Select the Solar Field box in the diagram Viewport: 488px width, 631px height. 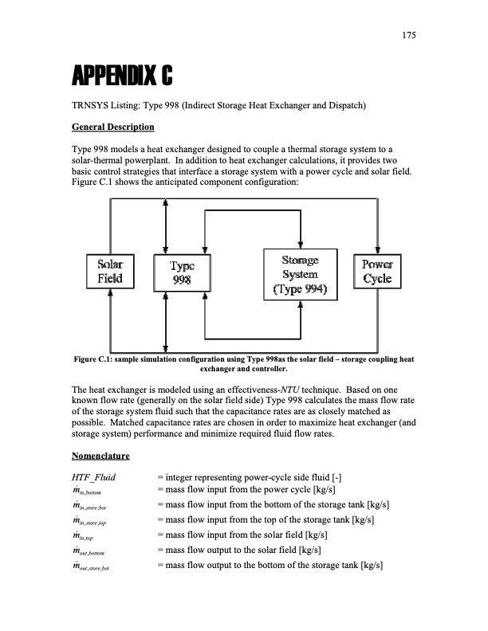coord(110,272)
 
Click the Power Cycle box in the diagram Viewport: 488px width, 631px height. coord(376,272)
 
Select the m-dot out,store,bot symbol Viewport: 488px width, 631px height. coord(98,566)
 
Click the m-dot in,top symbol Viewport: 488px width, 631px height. coord(89,536)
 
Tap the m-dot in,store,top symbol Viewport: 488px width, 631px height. coord(97,521)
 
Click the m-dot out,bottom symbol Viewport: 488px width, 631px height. coord(94,551)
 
